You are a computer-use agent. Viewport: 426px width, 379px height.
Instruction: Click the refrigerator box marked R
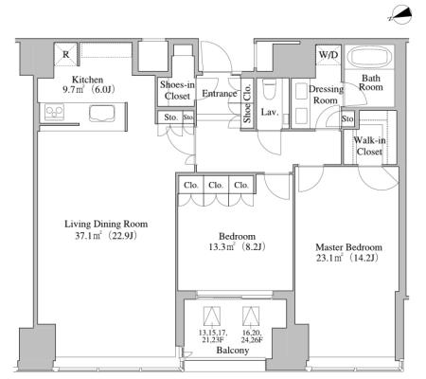[65, 54]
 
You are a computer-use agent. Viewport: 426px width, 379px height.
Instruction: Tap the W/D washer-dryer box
[328, 55]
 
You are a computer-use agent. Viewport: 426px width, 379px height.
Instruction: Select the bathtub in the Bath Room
[369, 57]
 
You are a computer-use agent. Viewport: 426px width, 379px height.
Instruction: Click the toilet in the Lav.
[269, 89]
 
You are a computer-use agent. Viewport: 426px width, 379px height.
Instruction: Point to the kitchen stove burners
[54, 113]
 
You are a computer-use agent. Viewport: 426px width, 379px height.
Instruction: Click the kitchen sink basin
[101, 114]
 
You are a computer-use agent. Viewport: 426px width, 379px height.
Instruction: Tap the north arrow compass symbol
[400, 15]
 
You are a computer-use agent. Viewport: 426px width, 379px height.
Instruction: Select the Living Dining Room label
[106, 225]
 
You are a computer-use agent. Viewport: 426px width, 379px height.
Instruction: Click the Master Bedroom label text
[348, 247]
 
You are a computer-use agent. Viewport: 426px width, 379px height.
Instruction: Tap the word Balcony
[233, 351]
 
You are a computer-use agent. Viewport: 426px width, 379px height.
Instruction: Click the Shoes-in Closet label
[177, 90]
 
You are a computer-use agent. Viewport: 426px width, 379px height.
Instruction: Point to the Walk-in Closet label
[369, 146]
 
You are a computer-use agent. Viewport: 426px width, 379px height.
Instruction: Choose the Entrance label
[220, 94]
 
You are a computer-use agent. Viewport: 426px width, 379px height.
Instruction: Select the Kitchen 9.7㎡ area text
[73, 90]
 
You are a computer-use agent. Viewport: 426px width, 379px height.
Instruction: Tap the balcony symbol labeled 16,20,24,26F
[251, 316]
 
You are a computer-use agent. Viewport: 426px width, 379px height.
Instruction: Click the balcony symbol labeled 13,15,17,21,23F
[212, 316]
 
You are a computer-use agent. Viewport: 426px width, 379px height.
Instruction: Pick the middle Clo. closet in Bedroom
[216, 185]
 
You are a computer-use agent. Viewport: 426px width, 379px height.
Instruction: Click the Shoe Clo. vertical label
[247, 103]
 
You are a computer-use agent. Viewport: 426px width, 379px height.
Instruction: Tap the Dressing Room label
[326, 95]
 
